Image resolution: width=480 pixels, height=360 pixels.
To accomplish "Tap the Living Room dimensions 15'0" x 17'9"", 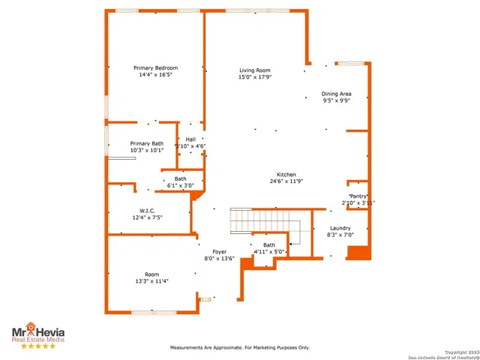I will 255,76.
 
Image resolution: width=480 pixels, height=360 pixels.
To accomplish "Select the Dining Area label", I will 337,94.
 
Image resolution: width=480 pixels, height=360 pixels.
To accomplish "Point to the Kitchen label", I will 286,174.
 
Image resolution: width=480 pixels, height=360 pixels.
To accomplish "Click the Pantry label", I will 358,196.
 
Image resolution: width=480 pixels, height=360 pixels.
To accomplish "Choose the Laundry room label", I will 340,228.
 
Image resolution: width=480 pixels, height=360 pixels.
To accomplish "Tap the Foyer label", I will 219,251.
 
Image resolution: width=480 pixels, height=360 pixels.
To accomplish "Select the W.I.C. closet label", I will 147,211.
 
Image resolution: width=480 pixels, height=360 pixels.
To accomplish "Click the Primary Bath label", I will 146,143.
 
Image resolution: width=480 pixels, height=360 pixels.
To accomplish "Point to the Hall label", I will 190,139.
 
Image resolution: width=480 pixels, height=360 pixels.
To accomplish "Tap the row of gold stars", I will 37,346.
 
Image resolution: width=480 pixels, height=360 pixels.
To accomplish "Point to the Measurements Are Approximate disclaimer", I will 240,347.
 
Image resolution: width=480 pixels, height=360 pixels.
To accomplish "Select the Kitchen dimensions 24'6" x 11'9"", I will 286,181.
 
